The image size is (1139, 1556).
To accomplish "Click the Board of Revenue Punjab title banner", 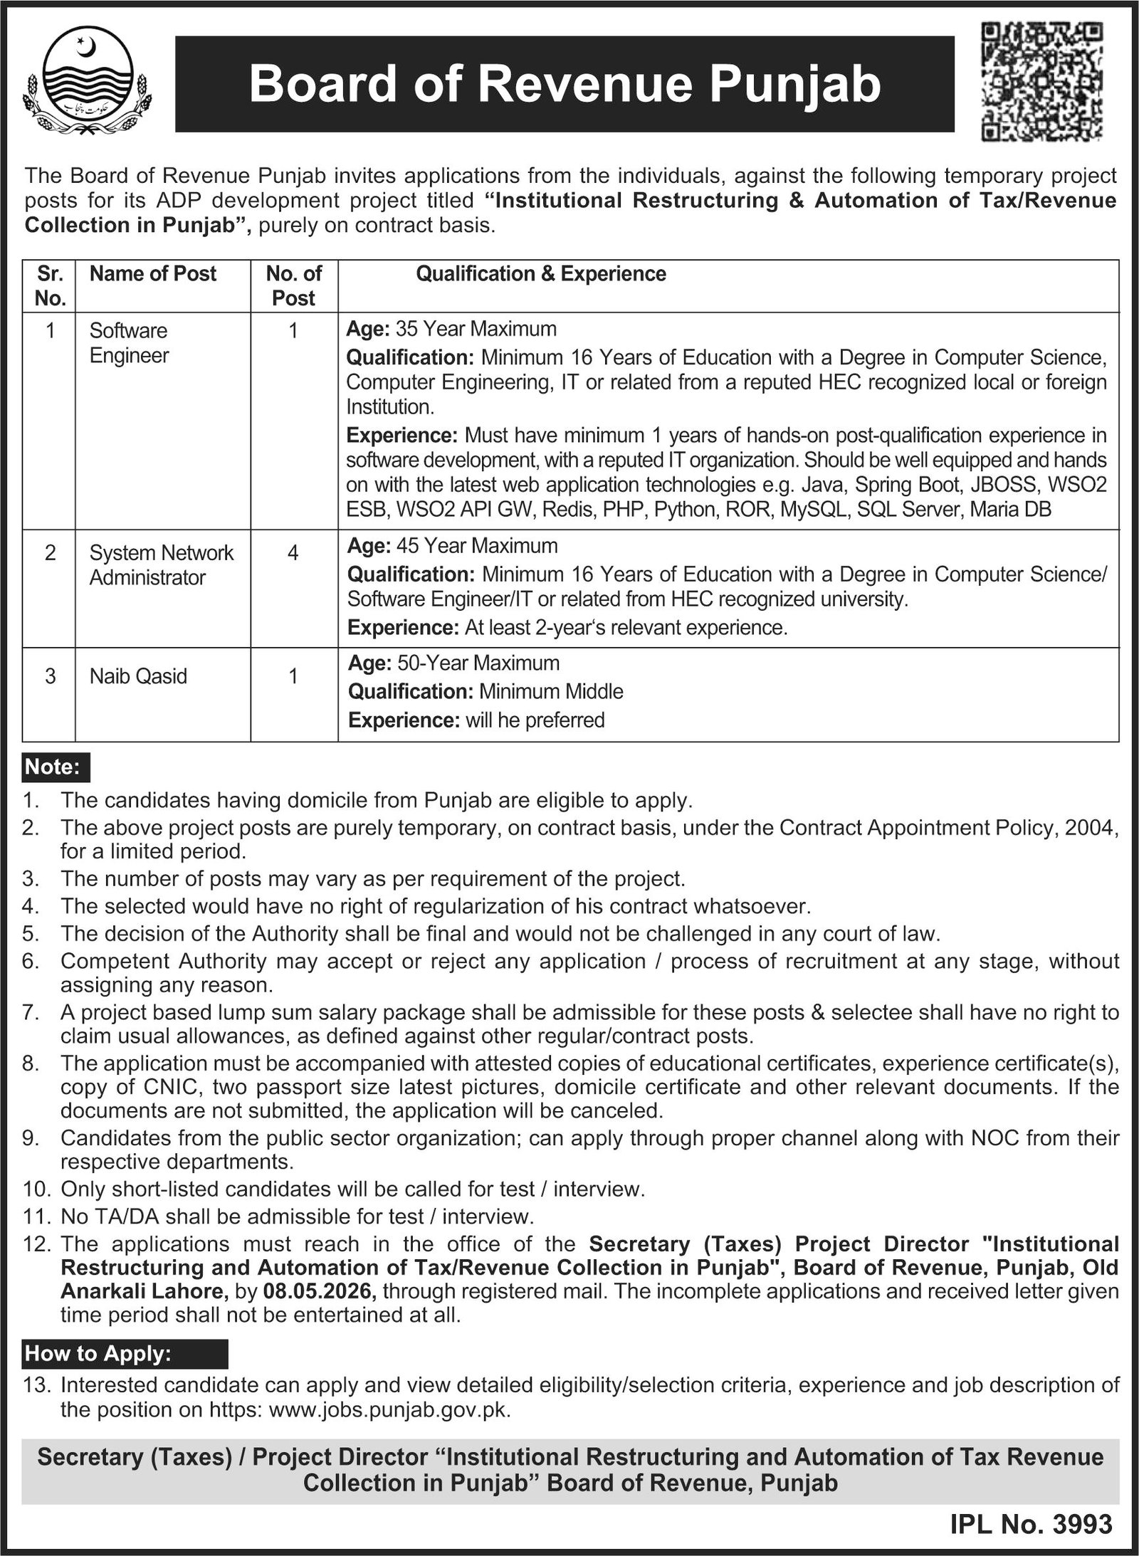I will point(565,85).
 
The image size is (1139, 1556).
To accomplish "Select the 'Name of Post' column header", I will point(152,274).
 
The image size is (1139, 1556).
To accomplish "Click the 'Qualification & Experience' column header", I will point(541,274).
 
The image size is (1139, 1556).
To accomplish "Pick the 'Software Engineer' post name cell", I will point(129,342).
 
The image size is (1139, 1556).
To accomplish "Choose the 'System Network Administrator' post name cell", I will point(161,565).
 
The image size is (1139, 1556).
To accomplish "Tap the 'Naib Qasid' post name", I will point(138,676).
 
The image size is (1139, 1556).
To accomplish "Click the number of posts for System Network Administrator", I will point(293,553).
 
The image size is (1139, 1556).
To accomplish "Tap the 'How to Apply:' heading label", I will point(98,1353).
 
